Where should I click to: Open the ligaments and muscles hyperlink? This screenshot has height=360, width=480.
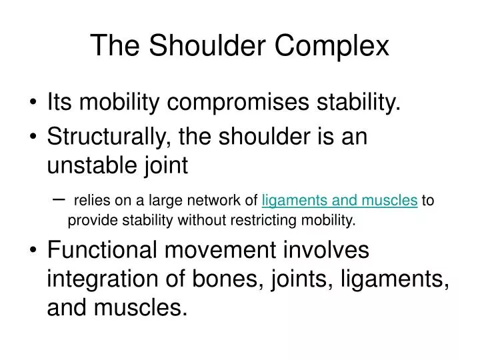[x=340, y=200]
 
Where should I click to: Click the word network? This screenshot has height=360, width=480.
[x=219, y=200]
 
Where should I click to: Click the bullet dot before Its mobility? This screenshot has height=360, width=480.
[x=33, y=103]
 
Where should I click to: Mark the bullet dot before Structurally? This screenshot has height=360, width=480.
[x=33, y=137]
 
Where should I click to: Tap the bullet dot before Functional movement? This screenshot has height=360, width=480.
[x=33, y=252]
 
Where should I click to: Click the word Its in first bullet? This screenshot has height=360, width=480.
[x=59, y=103]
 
